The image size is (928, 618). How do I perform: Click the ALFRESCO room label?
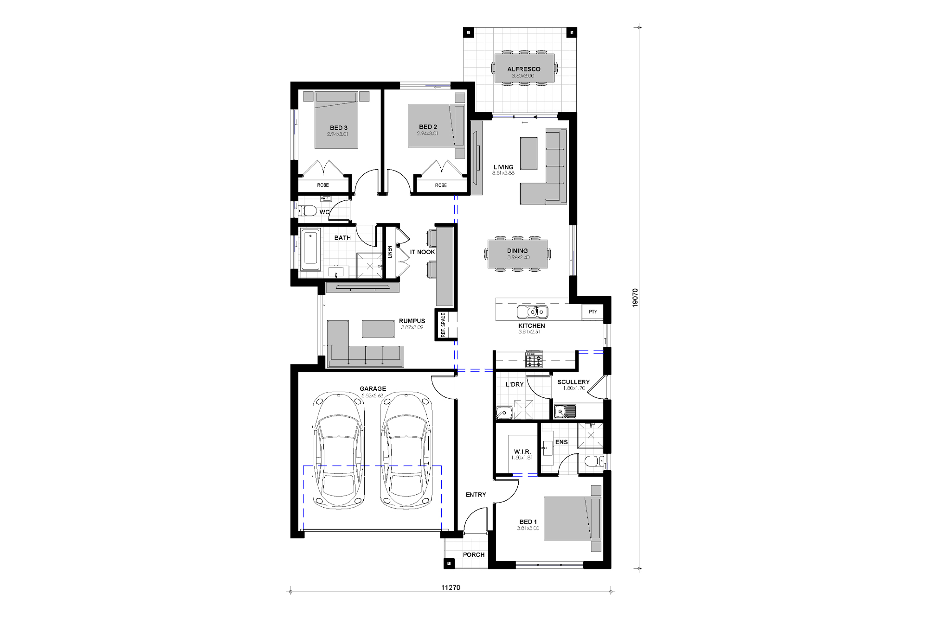[523, 69]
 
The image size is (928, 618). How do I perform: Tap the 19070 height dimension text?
[635, 298]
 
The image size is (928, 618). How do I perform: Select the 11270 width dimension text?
[451, 587]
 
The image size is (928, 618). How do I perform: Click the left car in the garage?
[339, 450]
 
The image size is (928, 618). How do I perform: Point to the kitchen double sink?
[532, 312]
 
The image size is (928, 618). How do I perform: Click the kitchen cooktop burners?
[534, 360]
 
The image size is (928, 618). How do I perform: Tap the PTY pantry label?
[593, 312]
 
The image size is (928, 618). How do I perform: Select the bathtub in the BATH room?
[310, 250]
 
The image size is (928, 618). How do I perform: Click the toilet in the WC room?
[308, 211]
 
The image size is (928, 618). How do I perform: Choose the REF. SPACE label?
[443, 325]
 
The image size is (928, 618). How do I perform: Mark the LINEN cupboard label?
[390, 252]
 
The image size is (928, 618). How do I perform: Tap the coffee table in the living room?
[528, 153]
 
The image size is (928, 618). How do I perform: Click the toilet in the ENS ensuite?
[592, 461]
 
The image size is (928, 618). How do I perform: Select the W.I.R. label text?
[522, 452]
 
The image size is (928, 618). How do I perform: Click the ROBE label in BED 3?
[323, 185]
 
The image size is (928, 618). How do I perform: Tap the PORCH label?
[473, 554]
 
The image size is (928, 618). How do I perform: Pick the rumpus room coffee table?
[378, 329]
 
